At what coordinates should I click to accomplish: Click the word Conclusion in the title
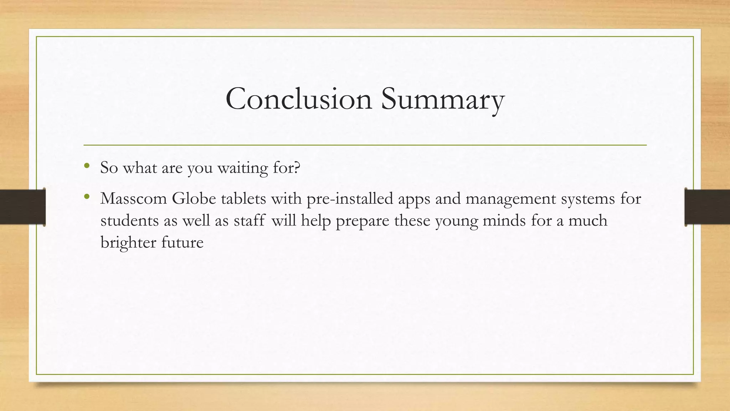(x=299, y=99)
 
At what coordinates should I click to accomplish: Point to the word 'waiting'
(x=242, y=168)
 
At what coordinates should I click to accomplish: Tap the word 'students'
(x=129, y=220)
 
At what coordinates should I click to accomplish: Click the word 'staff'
(x=249, y=220)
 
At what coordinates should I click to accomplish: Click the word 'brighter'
(x=128, y=243)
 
